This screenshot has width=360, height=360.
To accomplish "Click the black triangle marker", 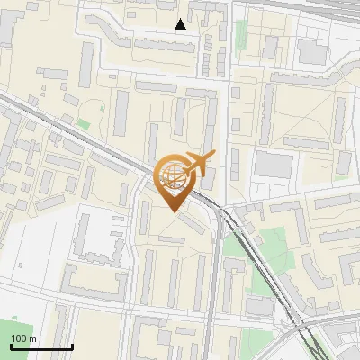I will [181, 24].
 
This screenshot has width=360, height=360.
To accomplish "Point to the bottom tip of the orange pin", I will [172, 211].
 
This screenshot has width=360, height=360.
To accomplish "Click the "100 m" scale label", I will [23, 338].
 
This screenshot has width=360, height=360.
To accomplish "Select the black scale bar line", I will [41, 346].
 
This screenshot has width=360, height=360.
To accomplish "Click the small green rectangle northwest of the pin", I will [83, 123].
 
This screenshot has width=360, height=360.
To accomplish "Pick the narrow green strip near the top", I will [241, 36].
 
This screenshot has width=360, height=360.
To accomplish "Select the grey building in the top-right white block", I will [312, 51].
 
